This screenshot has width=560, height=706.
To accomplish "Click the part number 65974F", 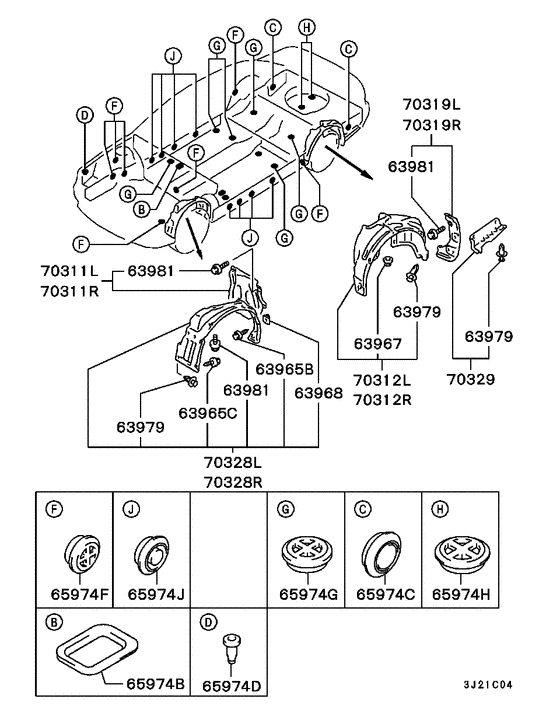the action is point(80,594).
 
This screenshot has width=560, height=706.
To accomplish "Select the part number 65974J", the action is point(156,594).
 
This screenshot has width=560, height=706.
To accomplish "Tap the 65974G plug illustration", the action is point(308,553).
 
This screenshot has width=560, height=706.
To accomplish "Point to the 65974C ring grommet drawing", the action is point(381,552).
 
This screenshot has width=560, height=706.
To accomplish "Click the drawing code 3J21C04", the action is point(488,685).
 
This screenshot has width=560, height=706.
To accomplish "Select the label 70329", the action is point(470,379).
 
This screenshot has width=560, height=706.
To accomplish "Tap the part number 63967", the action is point(377,344).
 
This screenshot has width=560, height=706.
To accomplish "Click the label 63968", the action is point(318,393).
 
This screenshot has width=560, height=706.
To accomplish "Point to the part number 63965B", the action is point(284,369).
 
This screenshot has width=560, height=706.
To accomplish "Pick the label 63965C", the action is point(208,413).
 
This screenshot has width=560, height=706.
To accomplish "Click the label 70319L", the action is point(432,104).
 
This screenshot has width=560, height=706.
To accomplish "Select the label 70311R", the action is point(69,291).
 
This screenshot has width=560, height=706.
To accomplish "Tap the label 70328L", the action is point(233,462).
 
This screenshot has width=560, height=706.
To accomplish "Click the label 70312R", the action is point(382,399).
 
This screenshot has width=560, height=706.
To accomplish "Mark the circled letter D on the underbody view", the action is point(84,115).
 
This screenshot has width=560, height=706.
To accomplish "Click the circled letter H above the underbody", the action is point(307,27).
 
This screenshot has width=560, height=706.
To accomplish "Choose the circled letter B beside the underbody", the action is point(142,209).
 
